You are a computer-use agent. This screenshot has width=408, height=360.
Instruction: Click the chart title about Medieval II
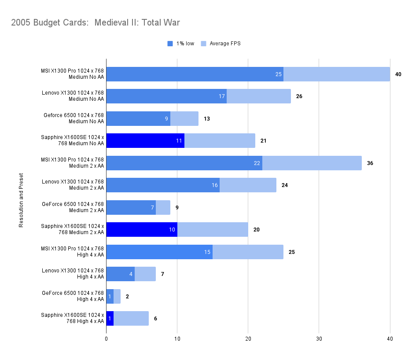[x=96, y=22]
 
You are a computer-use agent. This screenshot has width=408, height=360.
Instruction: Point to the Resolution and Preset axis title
[x=21, y=200]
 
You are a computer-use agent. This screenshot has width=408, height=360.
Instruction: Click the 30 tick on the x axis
[x=319, y=338]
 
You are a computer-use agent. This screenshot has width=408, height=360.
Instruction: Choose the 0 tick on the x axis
[x=106, y=338]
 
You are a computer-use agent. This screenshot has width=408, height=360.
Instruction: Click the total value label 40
[x=398, y=74]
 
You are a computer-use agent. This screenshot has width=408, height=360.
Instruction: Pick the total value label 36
[x=370, y=163]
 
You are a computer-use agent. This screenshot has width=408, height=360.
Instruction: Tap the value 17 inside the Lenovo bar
[x=222, y=96]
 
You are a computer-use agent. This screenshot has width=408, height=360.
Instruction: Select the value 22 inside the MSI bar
[x=257, y=163]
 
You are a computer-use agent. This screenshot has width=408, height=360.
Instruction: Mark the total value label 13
[x=206, y=119]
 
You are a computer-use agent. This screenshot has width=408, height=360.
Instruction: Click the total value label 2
[x=127, y=297]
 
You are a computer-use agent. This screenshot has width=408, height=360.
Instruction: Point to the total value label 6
[x=155, y=319]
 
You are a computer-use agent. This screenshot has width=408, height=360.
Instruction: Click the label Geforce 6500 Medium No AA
[x=74, y=118]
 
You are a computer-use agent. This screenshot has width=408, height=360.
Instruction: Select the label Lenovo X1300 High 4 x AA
[x=73, y=274]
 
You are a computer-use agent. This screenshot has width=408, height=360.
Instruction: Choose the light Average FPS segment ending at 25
[x=248, y=252]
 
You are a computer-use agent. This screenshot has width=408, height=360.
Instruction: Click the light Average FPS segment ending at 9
[x=163, y=207]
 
